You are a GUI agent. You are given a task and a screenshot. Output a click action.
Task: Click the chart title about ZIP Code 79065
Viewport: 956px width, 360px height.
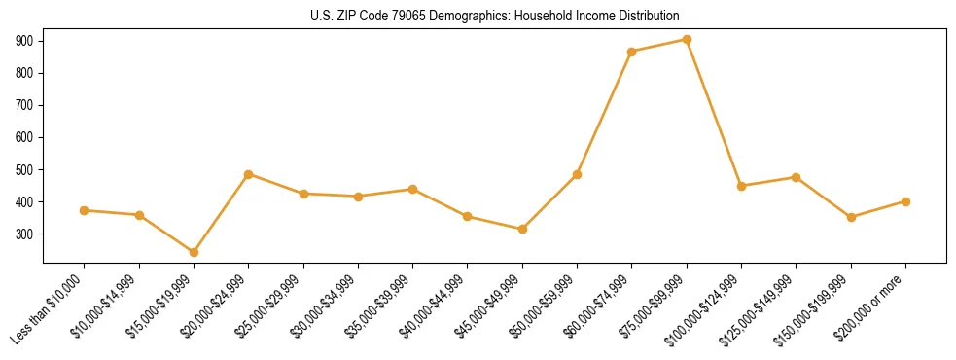point(494,16)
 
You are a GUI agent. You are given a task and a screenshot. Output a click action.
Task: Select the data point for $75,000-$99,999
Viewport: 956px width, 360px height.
point(687,40)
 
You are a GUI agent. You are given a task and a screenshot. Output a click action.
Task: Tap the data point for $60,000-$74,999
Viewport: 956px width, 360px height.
point(632,52)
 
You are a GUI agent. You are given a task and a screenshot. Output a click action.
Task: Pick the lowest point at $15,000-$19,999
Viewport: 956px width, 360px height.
point(194,252)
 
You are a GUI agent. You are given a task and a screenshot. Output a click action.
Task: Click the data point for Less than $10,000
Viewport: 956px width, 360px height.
point(85,210)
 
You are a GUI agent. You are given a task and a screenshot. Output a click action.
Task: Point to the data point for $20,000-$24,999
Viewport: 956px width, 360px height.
point(249,174)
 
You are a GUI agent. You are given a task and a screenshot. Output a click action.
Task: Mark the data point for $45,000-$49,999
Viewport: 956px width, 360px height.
point(522,229)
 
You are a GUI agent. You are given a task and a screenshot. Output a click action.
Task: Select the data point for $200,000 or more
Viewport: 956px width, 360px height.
point(905,201)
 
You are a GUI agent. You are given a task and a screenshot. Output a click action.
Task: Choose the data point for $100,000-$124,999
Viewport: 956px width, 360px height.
point(741,186)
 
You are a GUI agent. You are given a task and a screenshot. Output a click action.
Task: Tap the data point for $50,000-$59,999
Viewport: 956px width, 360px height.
point(577,175)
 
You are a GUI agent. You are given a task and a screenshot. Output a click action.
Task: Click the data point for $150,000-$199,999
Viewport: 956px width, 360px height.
point(851,217)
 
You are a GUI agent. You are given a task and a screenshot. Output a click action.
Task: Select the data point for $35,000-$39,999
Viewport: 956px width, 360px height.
point(412,189)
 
